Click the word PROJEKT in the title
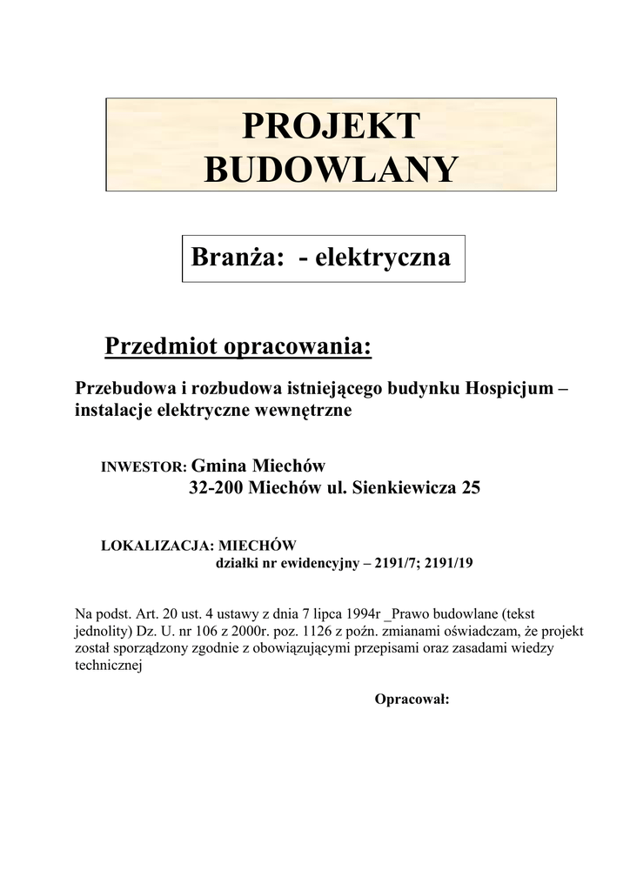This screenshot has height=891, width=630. [x=331, y=126]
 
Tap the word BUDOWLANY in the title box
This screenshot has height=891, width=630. [x=331, y=169]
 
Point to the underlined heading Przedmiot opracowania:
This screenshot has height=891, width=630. [x=238, y=346]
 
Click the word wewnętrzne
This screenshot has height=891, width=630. [x=310, y=411]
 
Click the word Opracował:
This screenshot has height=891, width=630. [x=412, y=699]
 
